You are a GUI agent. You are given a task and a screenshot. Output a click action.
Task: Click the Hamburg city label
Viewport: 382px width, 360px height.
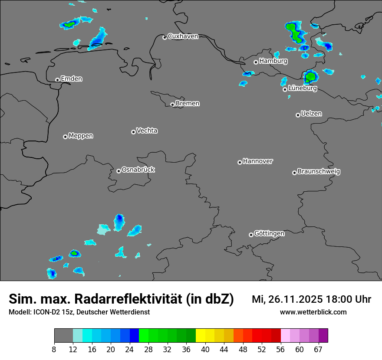click(273, 61)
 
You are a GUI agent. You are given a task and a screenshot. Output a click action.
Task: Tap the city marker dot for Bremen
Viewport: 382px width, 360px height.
click(172, 105)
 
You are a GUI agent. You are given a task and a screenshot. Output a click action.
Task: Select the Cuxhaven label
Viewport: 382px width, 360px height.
click(183, 36)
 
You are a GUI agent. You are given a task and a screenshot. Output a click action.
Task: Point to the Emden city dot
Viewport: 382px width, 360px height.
click(57, 80)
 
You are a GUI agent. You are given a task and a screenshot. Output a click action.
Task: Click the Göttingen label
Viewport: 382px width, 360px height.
click(269, 234)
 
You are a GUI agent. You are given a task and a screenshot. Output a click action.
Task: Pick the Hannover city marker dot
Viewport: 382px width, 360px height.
click(240, 162)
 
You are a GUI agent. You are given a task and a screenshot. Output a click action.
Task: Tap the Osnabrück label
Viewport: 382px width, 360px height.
click(138, 170)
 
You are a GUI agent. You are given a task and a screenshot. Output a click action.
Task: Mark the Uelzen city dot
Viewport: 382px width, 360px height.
click(298, 115)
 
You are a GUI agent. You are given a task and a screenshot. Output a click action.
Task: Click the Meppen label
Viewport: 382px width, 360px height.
click(81, 136)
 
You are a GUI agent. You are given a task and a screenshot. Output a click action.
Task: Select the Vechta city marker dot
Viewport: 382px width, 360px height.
click(133, 132)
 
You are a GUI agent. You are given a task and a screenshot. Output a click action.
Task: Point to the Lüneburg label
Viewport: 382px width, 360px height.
click(302, 88)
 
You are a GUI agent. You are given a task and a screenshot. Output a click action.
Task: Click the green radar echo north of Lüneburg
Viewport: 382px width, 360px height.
click(311, 77)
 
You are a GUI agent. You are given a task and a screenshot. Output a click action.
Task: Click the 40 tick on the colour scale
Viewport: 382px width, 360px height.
click(205, 349)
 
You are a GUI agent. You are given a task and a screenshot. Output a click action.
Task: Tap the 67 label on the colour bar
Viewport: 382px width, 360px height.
click(318, 349)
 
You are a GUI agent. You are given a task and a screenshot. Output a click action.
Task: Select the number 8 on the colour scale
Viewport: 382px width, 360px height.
click(54, 349)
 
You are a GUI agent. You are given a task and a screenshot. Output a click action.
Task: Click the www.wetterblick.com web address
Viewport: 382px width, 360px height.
click(313, 312)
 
